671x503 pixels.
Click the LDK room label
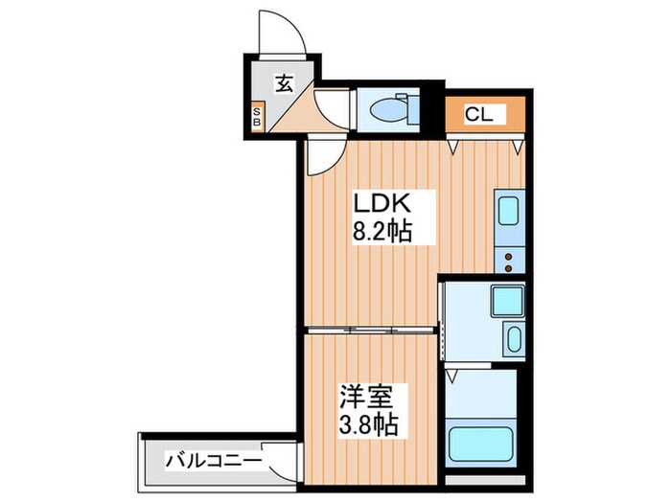383,204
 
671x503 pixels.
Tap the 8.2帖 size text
383,231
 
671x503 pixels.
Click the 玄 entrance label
284,83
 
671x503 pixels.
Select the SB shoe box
257,117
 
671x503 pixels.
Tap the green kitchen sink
508,211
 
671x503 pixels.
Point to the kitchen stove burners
508,256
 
